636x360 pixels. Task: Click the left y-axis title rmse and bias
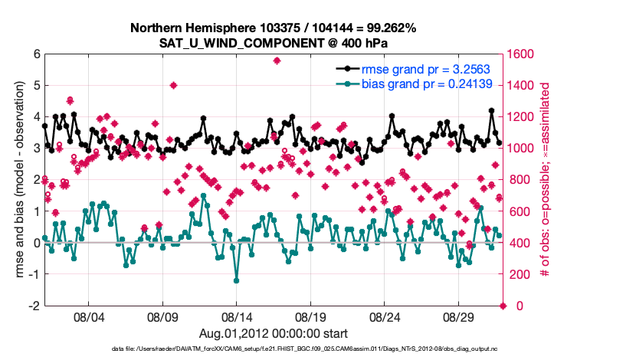coord(16,180)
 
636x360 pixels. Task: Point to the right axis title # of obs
coord(546,180)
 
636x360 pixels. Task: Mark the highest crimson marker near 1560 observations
coord(277,61)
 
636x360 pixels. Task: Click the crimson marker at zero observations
coord(503,306)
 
